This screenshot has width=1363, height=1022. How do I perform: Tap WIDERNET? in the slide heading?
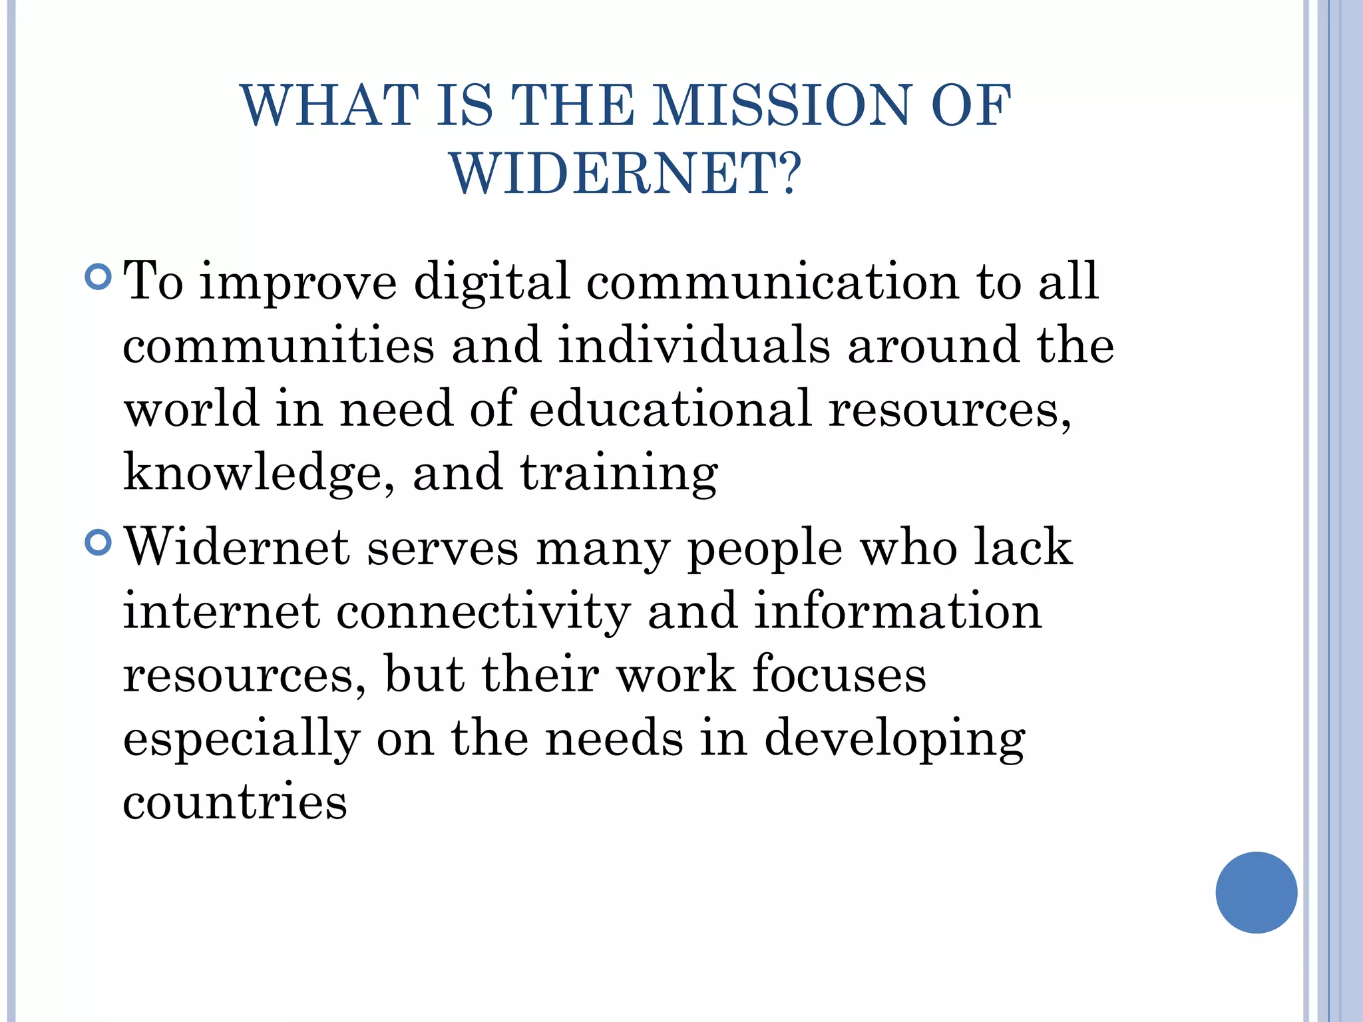(626, 173)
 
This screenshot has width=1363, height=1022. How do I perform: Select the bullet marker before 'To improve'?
(98, 276)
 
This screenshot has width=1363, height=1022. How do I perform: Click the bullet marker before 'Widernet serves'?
(98, 542)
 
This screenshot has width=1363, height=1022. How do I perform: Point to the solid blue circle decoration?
(1256, 892)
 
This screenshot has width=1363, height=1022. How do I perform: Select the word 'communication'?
(772, 281)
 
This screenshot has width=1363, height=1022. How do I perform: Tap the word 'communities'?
(278, 345)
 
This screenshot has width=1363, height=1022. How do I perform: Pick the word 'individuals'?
(694, 345)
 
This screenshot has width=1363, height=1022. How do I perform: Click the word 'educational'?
(670, 409)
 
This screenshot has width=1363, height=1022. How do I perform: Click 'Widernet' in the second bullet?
(237, 547)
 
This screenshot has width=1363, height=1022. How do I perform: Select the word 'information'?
(897, 611)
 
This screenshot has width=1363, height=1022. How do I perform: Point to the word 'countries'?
(235, 802)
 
